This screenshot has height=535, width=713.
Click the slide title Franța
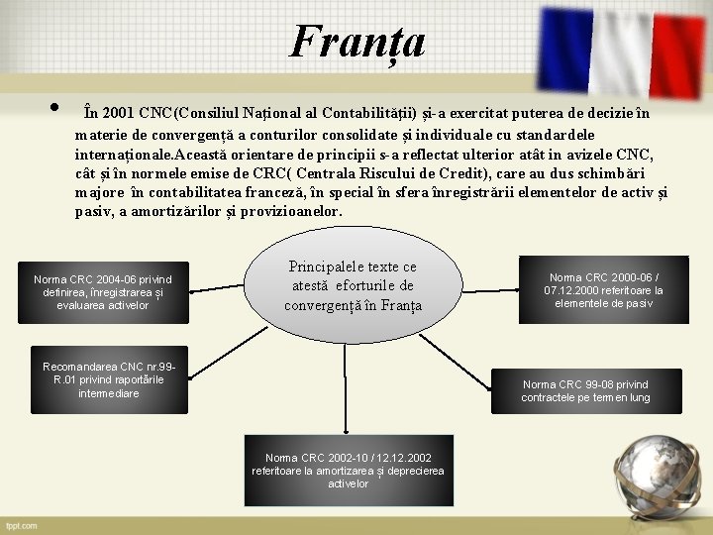tap(357, 41)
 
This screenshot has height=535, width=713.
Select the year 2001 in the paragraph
tap(119, 113)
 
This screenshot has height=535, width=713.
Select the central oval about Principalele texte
tap(354, 285)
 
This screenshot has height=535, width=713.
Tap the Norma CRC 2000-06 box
tap(604, 290)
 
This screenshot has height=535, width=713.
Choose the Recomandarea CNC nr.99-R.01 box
tap(109, 380)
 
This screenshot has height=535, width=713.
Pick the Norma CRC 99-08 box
tap(586, 390)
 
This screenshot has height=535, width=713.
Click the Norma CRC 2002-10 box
tap(348, 471)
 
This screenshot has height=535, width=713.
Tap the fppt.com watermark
tap(21, 525)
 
